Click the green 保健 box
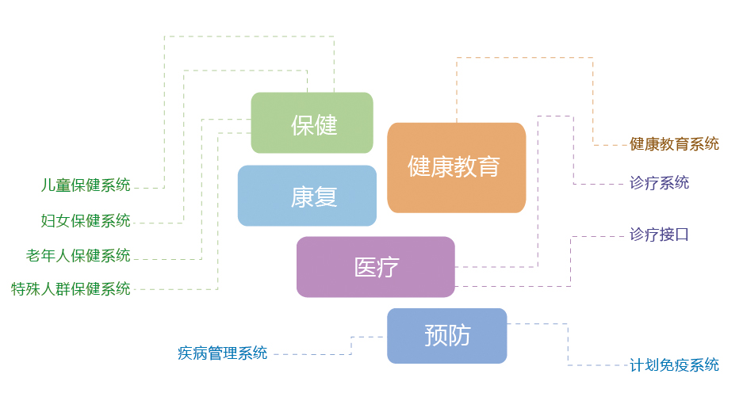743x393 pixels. [312, 123]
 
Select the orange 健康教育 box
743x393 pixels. [456, 168]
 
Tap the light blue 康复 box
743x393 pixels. [307, 196]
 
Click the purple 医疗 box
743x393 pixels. [376, 267]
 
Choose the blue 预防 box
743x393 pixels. [447, 336]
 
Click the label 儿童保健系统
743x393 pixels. [86, 185]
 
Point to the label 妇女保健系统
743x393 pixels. [86, 220]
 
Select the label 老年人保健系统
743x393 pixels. [79, 256]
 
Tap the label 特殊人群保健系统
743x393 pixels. [71, 289]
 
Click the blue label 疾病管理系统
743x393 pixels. [223, 353]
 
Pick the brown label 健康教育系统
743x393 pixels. [674, 144]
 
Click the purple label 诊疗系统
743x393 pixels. [659, 183]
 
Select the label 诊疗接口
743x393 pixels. [659, 235]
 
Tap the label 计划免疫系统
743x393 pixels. [674, 365]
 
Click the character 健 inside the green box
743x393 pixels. [326, 125]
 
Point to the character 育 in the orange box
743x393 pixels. [488, 166]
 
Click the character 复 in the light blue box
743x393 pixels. [326, 197]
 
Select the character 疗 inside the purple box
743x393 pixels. [389, 268]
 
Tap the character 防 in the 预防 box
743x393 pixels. [459, 336]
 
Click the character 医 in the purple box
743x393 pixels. [366, 268]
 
